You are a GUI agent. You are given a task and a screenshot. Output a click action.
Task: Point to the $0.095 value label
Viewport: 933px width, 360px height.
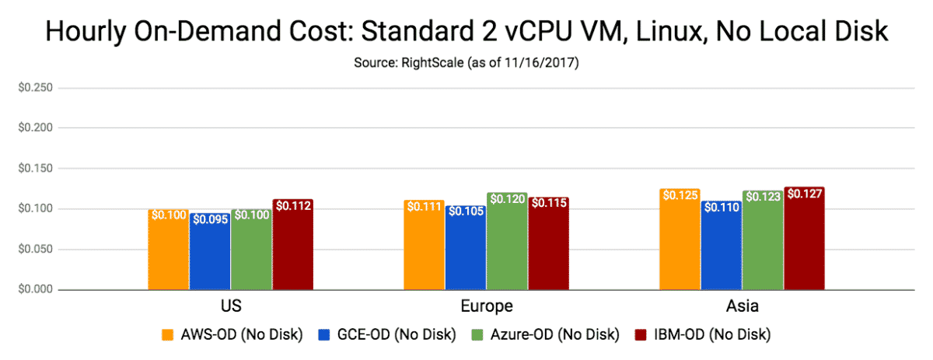(210, 219)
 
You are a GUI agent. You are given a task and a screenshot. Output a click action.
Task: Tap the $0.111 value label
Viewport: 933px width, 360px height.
(424, 208)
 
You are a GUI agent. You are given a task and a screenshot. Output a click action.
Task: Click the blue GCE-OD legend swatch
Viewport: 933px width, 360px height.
(327, 335)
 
